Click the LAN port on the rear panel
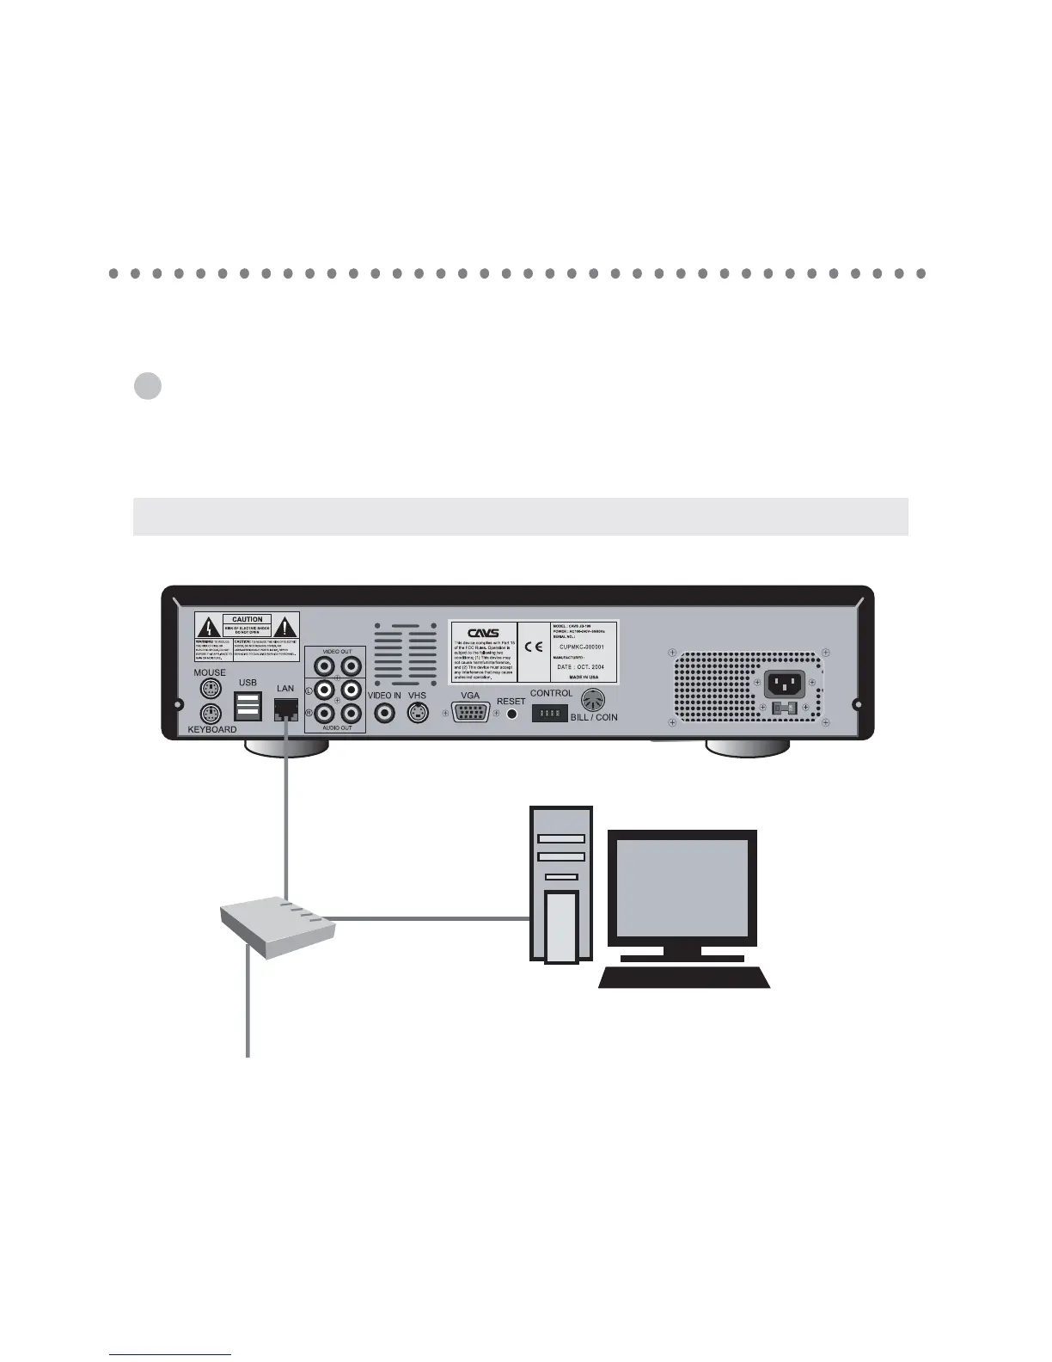285,709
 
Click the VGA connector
470,713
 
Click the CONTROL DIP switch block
549,713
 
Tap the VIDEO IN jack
384,713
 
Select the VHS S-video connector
418,713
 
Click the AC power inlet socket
785,684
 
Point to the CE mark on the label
533,647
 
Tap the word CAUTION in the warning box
248,619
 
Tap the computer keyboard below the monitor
684,978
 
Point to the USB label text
248,683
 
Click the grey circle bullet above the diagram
148,385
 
